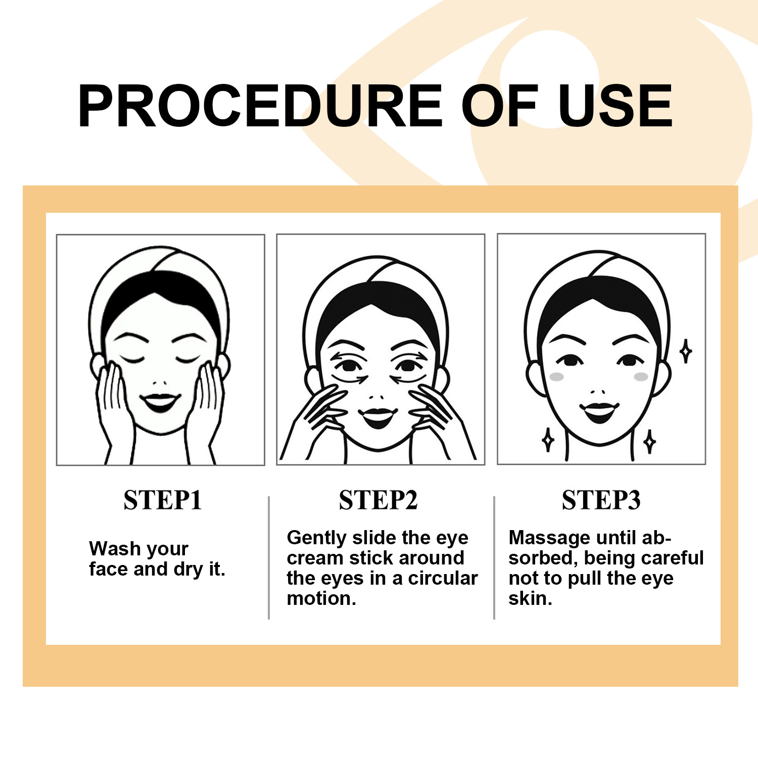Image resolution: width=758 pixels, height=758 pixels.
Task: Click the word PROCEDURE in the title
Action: click(x=260, y=106)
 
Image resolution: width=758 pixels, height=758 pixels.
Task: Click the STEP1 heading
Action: click(x=163, y=500)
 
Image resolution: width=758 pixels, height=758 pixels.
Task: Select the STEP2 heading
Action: click(x=378, y=500)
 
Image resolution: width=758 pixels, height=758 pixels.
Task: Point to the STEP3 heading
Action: click(x=601, y=500)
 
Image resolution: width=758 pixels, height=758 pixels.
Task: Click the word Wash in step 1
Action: click(x=114, y=548)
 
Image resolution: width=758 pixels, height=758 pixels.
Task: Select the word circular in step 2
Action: click(x=443, y=578)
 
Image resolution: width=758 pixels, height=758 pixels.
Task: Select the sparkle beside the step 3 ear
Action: click(x=686, y=351)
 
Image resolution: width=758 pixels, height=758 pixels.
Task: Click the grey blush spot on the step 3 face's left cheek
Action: click(x=556, y=377)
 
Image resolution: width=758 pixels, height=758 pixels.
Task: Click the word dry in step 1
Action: click(x=188, y=570)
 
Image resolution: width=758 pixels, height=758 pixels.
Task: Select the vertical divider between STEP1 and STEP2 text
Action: click(x=269, y=558)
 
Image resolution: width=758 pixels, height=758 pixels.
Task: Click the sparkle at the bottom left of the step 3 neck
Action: click(x=548, y=440)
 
